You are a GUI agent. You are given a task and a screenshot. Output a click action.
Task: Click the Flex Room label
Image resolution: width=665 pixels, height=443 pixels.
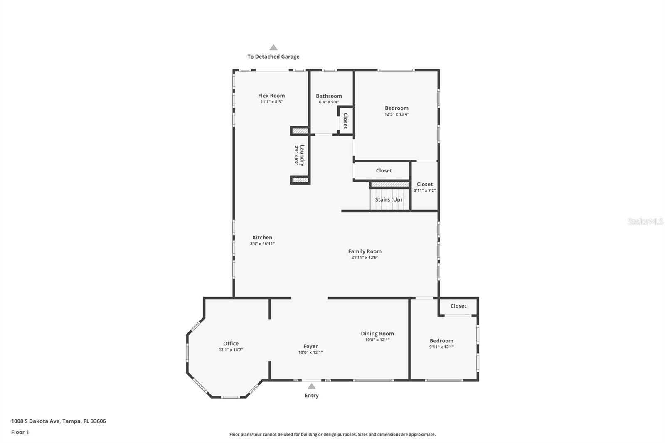271,96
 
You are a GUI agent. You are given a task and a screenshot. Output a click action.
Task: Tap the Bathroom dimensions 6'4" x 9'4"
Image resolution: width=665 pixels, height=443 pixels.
329,102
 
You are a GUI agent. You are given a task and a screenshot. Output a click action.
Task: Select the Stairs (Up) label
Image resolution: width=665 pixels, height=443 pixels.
389,199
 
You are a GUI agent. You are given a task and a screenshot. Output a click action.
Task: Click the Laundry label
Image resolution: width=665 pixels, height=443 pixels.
302,155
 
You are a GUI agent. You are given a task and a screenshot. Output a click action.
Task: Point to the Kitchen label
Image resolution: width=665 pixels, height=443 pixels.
262,238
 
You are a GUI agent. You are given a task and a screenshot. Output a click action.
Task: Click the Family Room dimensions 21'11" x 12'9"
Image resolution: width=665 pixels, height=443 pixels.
365,258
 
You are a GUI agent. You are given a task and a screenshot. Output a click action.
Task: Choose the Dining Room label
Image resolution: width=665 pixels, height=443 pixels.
377,334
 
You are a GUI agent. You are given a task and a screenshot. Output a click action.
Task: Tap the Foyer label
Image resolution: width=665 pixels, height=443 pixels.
310,346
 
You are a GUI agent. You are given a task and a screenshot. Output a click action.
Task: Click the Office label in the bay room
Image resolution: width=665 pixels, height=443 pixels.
231,344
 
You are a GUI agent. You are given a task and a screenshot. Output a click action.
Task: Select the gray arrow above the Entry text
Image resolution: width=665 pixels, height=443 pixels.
311,386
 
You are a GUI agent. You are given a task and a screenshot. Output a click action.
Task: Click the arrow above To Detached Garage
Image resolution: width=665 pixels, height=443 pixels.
273,48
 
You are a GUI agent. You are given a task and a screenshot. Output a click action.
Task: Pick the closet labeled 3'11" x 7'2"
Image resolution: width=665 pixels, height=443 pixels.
424,187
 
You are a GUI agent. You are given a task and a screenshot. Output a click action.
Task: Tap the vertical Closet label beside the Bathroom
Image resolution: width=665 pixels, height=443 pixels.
345,121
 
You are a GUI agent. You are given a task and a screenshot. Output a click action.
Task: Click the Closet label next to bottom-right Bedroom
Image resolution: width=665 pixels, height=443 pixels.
458,306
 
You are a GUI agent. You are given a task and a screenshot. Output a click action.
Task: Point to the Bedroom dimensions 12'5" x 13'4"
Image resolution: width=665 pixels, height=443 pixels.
397,114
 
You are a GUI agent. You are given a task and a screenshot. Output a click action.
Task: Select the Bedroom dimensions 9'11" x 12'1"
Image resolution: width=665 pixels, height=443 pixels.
441,347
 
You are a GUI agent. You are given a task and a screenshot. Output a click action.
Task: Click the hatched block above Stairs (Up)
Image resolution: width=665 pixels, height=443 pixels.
390,184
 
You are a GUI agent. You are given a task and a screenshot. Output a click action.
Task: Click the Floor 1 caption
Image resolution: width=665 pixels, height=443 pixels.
20,432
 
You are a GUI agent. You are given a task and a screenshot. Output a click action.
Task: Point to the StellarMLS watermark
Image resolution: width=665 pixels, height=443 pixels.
645,221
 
